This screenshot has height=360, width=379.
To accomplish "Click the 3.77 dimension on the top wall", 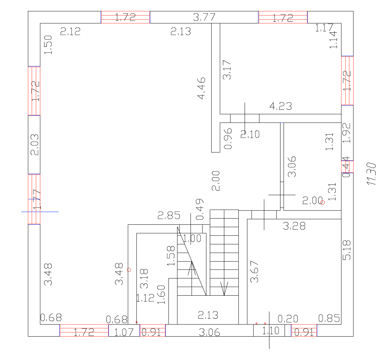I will pyautogui.click(x=204, y=17).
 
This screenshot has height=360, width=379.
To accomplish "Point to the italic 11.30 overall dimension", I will pyautogui.click(x=371, y=174).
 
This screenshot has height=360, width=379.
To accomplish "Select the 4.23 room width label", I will pyautogui.click(x=280, y=106).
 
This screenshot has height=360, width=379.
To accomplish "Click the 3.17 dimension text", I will pyautogui.click(x=227, y=70).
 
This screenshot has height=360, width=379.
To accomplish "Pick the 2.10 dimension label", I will pyautogui.click(x=250, y=134).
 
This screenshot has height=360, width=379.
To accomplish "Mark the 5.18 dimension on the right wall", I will pyautogui.click(x=347, y=250).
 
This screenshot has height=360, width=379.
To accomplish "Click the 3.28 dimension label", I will pyautogui.click(x=294, y=226).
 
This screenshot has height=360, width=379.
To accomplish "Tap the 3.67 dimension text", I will pyautogui.click(x=255, y=272).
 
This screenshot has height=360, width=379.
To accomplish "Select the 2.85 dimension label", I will pyautogui.click(x=169, y=216).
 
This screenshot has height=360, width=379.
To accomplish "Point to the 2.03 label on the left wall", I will pyautogui.click(x=34, y=145).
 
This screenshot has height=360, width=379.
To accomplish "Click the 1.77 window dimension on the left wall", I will pyautogui.click(x=37, y=200).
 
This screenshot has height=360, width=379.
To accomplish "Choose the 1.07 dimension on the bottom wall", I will pyautogui.click(x=124, y=332).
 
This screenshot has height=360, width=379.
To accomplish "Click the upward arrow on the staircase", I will pyautogui.click(x=192, y=268).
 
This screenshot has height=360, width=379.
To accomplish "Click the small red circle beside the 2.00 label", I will pyautogui.click(x=322, y=202).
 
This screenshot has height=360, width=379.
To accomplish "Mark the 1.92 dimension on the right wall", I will pyautogui.click(x=347, y=133).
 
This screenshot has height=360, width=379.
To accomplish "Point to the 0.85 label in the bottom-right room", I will pyautogui.click(x=329, y=318).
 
